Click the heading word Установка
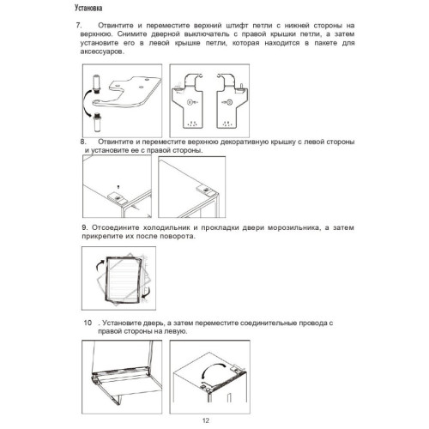(88, 8)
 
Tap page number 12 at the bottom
(206, 420)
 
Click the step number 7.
(78, 25)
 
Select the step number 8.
(83, 142)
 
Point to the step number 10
(88, 323)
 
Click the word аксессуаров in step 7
(102, 51)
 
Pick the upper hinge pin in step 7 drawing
(96, 84)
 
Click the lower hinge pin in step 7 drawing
(98, 122)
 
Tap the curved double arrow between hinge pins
(86, 103)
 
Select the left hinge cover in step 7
(187, 101)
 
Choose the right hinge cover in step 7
(232, 101)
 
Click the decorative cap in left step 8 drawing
(116, 197)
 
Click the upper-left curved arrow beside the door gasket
(99, 265)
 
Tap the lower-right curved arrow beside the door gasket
(147, 293)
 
